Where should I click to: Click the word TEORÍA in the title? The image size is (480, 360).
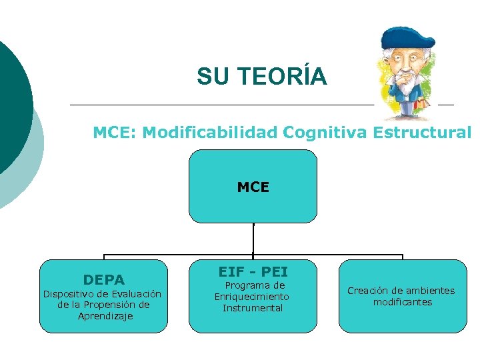[280, 77]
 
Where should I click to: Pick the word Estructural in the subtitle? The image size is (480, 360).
[422, 133]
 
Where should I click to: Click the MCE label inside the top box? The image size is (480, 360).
[253, 187]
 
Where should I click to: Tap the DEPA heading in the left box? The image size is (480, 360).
[103, 279]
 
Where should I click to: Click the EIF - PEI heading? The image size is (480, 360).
[253, 271]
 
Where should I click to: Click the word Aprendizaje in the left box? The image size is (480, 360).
[105, 316]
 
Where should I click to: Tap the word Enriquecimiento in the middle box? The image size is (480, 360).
[252, 296]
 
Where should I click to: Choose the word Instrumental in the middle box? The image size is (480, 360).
[253, 308]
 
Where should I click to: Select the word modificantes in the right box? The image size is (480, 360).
[403, 302]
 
